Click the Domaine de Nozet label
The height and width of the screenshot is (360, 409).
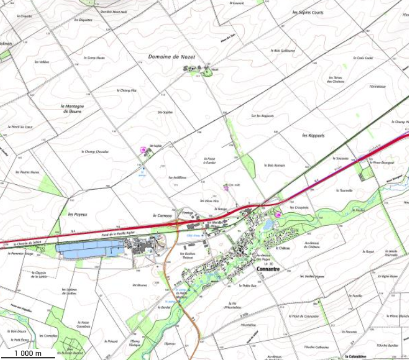172,56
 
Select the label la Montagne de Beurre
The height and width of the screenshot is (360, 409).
74,109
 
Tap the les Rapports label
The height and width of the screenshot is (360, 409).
313,136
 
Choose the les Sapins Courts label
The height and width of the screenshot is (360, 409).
308,12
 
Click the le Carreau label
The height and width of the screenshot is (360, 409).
162,215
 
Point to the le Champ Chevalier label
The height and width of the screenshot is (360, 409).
96,152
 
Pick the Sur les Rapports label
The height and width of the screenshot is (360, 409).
262,116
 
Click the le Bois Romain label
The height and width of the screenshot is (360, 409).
275,165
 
